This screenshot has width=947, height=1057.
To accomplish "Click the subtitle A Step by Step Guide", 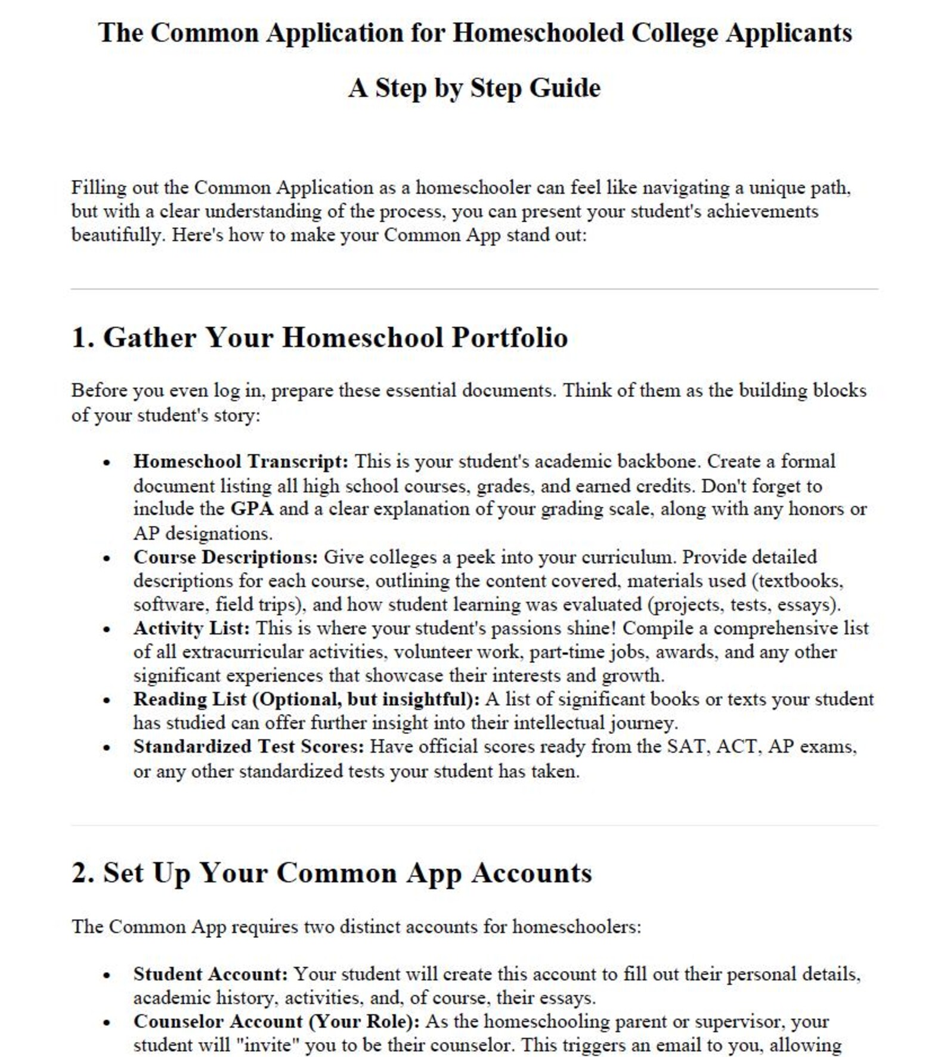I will (x=474, y=88).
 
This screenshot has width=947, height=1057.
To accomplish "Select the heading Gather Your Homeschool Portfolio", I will (x=335, y=337).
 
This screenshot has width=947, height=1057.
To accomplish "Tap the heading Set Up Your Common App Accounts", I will (x=348, y=873).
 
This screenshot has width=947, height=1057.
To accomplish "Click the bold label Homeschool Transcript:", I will (x=240, y=461).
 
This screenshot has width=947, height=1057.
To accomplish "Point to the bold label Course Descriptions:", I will (x=225, y=557).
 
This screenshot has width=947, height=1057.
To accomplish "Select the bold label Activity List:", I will (x=191, y=628).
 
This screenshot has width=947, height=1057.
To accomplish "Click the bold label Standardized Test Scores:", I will (x=248, y=747).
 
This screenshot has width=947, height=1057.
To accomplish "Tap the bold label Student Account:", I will (x=210, y=974).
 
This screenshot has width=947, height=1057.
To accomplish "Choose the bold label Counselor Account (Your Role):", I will (x=276, y=1022).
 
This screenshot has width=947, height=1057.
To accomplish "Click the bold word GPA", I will (x=252, y=509).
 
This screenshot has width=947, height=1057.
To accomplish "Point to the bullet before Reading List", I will (x=107, y=700).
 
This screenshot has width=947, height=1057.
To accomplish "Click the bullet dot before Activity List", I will (x=107, y=630).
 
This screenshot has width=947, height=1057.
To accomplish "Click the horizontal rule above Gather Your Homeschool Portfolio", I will (x=474, y=289).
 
